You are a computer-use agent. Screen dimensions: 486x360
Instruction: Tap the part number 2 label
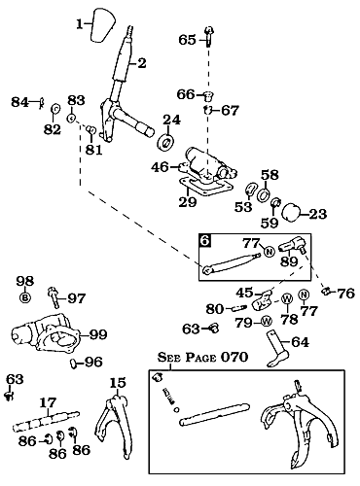[142, 64]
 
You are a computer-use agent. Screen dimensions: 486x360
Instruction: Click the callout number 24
[171, 121]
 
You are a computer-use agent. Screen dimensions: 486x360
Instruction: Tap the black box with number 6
[206, 238]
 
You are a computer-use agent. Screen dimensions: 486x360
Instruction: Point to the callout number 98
[24, 281]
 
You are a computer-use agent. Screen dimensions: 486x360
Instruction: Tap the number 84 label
[19, 101]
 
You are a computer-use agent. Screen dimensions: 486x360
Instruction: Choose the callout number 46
[161, 167]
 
